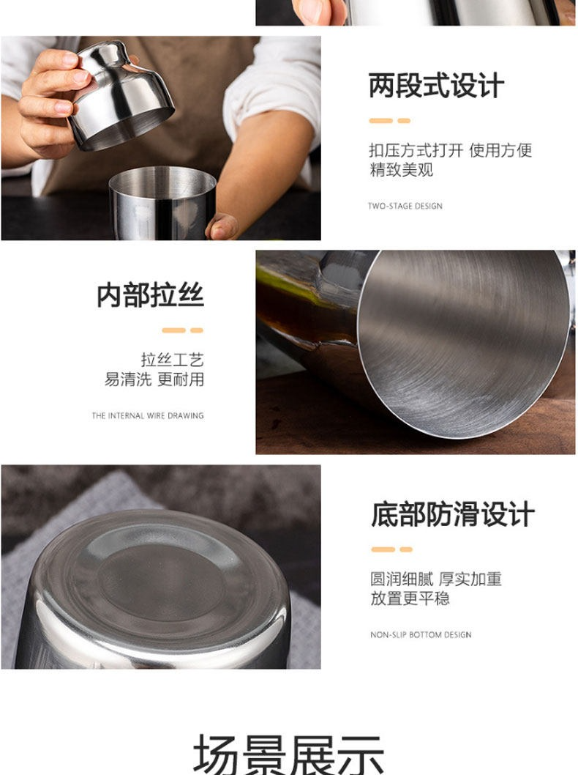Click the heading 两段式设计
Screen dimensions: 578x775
point(436,86)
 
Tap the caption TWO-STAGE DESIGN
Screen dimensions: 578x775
point(405,206)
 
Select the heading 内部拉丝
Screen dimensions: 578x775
point(150,295)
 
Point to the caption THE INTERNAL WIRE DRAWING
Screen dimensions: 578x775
point(148,415)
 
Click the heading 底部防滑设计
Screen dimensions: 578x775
point(453,514)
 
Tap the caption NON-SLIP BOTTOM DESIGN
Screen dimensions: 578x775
point(421,634)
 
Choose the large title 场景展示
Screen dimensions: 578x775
point(288,754)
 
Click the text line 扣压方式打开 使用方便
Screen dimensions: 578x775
point(450,149)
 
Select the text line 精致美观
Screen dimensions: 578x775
point(401,169)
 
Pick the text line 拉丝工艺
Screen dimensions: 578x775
point(172,360)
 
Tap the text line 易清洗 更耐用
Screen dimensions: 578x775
point(154,379)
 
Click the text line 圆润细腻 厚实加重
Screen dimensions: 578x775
point(436,578)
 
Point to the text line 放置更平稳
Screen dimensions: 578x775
point(410,598)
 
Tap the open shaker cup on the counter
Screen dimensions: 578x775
point(162,203)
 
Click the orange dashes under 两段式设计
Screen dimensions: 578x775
point(389,121)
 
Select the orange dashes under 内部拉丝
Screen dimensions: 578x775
point(183,330)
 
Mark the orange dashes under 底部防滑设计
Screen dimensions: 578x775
point(392,549)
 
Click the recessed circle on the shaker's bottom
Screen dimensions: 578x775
point(160,582)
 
